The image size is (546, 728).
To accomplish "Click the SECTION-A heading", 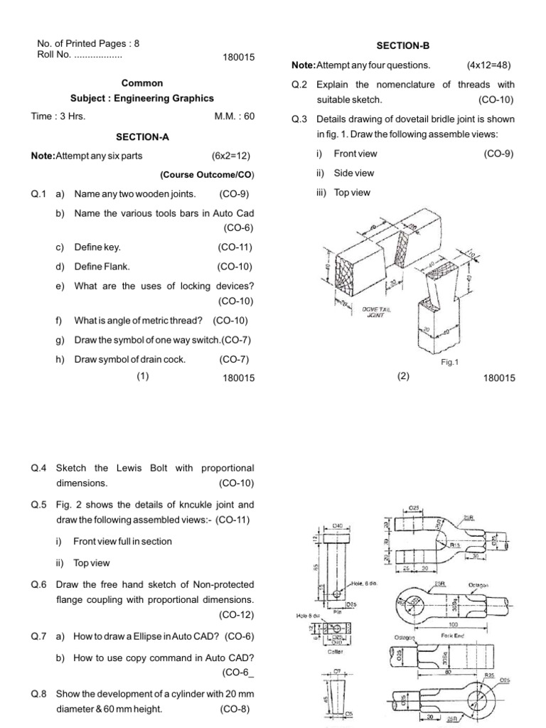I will coord(142,136).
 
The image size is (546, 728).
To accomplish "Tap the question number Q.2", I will coord(299,85).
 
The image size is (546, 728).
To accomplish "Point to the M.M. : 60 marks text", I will coord(234,117).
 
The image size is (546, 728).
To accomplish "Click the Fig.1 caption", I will coord(450,362).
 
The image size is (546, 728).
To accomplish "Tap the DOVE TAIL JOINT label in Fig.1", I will coord(375,312).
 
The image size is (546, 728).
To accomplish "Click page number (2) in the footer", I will coord(404,378).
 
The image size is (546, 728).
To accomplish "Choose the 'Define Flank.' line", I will coord(102,267).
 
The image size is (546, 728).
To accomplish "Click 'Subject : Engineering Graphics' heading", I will coord(142,98).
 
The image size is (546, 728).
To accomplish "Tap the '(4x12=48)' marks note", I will coord(488,65).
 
